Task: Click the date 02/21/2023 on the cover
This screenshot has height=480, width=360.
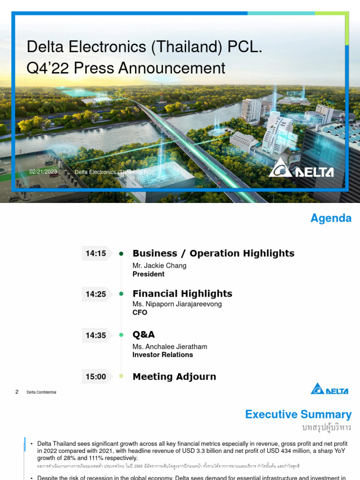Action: coord(43,172)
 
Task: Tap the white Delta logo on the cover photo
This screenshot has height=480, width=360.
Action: coord(301,168)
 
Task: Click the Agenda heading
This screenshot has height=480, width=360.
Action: coord(331,218)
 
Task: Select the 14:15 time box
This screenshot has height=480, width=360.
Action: coord(96,254)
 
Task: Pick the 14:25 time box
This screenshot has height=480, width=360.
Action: coord(96,294)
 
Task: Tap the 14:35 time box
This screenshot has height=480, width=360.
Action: coord(96,335)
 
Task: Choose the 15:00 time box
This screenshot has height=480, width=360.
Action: coord(96,376)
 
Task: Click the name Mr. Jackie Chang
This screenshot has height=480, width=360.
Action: coord(159,266)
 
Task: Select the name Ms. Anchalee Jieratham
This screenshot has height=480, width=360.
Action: coord(170,347)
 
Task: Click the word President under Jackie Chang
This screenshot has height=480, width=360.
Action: coord(149,274)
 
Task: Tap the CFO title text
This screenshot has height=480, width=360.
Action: coord(140,313)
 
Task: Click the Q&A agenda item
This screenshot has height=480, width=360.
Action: coord(143,335)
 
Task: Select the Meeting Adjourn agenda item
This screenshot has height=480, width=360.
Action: coord(174,376)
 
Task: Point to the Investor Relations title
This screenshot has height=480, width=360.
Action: coord(163,355)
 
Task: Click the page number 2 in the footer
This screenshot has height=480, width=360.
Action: coord(17,392)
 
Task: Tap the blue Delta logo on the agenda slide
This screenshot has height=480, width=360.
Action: coord(330,389)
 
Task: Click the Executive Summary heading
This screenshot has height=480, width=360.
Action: coord(298,414)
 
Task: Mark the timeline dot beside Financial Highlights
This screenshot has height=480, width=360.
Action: coord(121,294)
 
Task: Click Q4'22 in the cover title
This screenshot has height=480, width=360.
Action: coord(45,68)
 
